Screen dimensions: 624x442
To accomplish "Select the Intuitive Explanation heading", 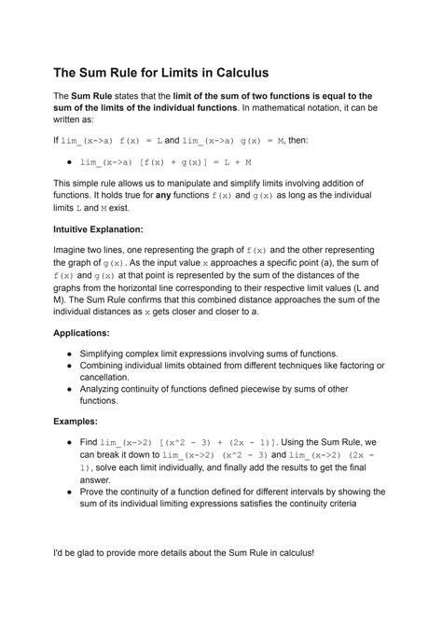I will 98,229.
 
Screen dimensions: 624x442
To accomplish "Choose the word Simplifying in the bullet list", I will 111,354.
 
